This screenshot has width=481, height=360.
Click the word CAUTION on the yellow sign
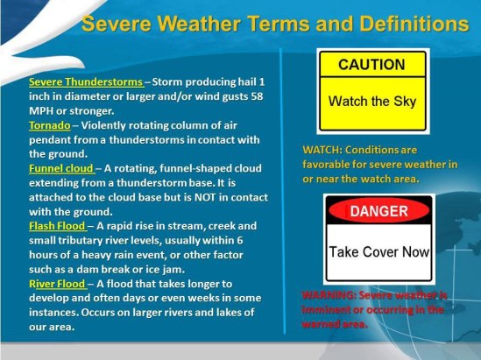(371, 65)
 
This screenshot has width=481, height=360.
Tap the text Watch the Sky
(371, 101)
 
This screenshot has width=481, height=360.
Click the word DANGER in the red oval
(379, 211)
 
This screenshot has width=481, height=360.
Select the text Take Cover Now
(379, 252)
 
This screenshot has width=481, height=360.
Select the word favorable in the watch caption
(331, 164)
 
